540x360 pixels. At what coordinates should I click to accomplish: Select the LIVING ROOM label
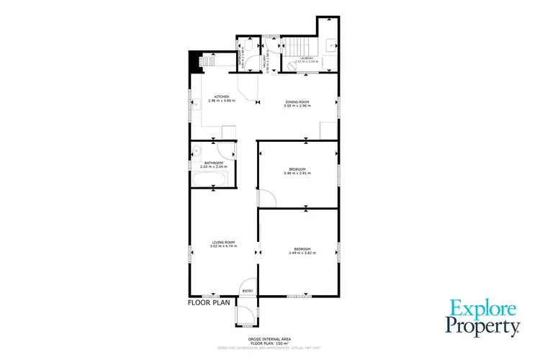[x=223, y=242]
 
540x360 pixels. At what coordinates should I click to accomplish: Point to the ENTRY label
[x=248, y=291]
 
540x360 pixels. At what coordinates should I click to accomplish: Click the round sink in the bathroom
[x=196, y=150]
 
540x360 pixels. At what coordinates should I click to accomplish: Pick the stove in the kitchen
[x=203, y=61]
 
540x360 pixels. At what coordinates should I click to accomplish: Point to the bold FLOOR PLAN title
[x=209, y=303]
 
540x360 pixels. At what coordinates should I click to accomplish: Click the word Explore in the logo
[x=483, y=310]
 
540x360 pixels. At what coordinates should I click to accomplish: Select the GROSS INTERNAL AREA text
[x=269, y=337]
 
